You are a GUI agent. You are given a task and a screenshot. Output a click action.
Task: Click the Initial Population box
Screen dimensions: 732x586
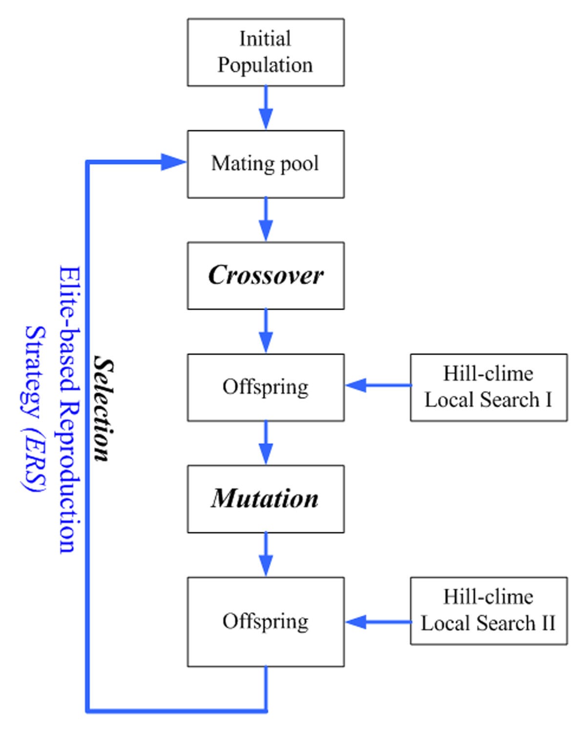click(x=266, y=52)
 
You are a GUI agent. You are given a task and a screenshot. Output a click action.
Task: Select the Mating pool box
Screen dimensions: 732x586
click(x=266, y=164)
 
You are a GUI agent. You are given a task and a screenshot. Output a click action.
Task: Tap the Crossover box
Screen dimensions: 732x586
click(x=266, y=275)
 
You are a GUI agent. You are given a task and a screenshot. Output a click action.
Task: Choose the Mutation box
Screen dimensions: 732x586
click(x=266, y=498)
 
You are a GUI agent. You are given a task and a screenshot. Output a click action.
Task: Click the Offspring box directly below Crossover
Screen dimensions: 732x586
click(x=266, y=387)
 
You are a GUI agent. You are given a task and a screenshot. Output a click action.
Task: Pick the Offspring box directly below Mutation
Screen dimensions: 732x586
click(x=266, y=622)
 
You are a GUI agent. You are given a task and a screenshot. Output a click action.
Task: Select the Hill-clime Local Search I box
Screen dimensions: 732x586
click(x=488, y=387)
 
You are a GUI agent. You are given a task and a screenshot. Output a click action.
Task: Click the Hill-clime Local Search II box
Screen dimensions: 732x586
click(x=488, y=610)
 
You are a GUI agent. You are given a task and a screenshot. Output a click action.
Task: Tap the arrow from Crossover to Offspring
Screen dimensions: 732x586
click(x=266, y=331)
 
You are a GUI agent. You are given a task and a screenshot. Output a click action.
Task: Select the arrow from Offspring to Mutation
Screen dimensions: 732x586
click(x=266, y=443)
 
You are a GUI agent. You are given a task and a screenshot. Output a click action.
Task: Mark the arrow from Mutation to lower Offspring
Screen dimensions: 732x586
click(x=266, y=555)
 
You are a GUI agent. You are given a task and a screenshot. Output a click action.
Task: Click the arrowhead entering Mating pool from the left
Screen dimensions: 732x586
click(x=173, y=162)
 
